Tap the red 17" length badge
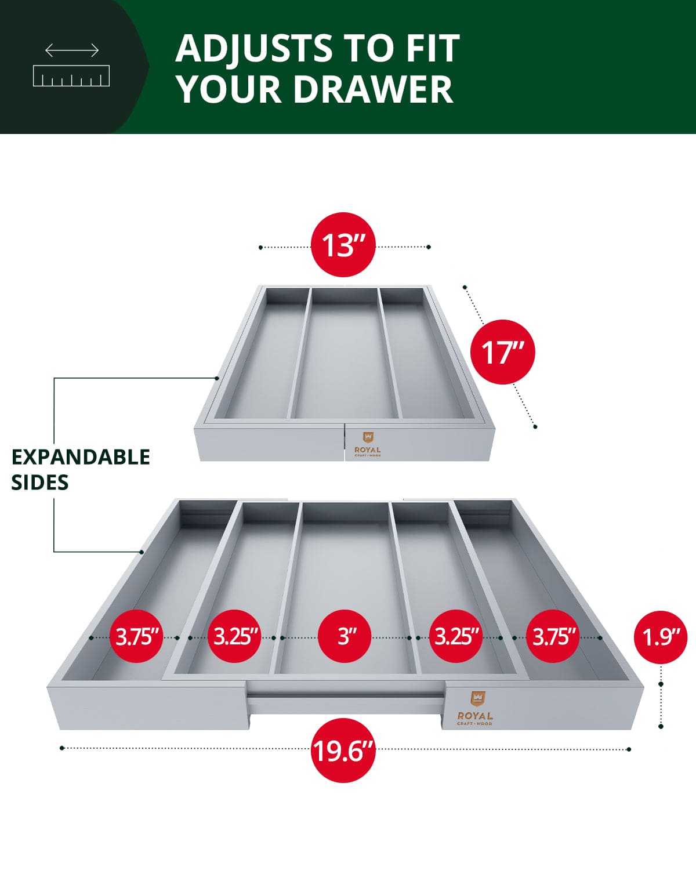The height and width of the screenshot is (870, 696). (502, 352)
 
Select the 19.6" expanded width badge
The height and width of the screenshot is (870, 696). (343, 751)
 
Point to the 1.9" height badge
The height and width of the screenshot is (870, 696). (661, 637)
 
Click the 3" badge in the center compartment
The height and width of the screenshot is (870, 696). (346, 636)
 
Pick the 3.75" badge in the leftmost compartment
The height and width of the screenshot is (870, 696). (137, 636)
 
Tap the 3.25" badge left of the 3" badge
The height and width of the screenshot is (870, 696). (235, 636)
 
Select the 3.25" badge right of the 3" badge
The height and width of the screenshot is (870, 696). (456, 636)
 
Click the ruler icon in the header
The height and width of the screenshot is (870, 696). (71, 76)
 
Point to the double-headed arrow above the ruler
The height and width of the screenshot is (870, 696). (72, 50)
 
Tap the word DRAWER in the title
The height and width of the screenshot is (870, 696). (372, 89)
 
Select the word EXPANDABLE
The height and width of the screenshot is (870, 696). (81, 457)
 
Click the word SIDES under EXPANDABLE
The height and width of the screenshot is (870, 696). (40, 483)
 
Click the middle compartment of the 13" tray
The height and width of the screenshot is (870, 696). (345, 354)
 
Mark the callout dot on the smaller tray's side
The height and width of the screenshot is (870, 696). (217, 378)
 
